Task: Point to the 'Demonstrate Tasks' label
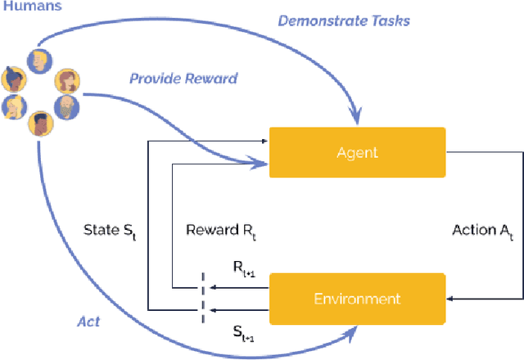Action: (343, 20)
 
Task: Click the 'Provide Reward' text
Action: (183, 79)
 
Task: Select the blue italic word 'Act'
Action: (88, 322)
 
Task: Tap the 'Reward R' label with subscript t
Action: (215, 231)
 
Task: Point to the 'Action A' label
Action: (485, 231)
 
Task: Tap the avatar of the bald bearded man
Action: (66, 108)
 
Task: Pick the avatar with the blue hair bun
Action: (14, 79)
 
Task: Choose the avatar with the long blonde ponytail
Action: (13, 106)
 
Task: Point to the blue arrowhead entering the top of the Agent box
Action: (352, 124)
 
